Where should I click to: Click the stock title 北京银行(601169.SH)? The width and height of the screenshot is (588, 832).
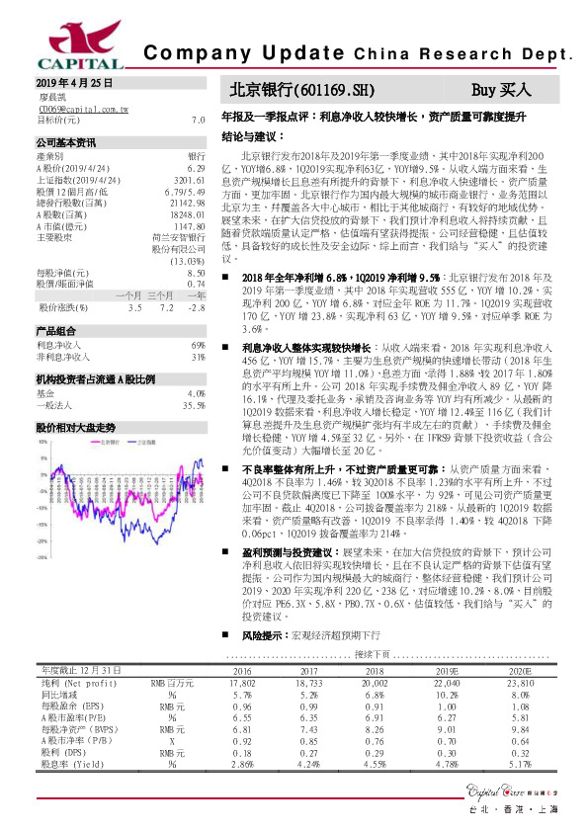click(x=302, y=90)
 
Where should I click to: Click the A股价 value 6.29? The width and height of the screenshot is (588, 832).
click(x=195, y=168)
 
